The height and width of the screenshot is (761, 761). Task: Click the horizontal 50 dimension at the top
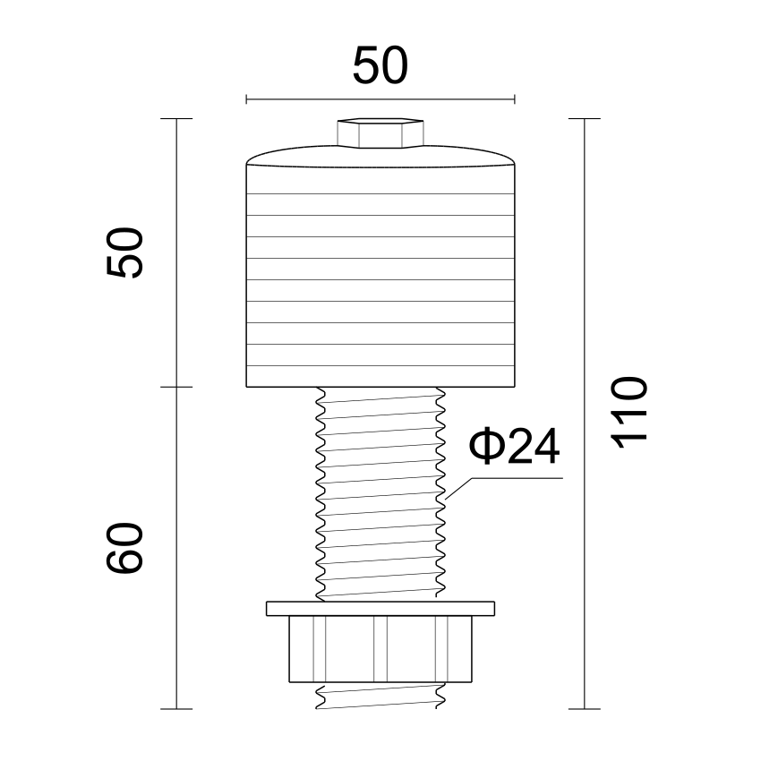(x=380, y=65)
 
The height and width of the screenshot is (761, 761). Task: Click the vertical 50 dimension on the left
(x=125, y=252)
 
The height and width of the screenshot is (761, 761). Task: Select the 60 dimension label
(x=125, y=549)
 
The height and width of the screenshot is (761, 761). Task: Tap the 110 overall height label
(x=629, y=412)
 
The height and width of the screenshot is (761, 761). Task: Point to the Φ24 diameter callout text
(x=514, y=446)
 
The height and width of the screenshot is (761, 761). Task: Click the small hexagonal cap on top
(x=380, y=132)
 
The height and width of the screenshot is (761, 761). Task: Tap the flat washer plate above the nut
(x=380, y=609)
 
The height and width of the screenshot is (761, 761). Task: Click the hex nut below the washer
(x=380, y=649)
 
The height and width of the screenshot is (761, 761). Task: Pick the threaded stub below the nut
(x=380, y=696)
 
